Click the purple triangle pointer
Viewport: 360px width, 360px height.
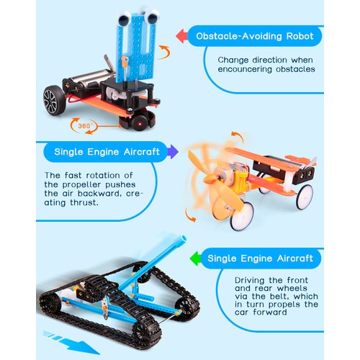tap(172, 152)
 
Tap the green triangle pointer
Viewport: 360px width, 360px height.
tap(194, 257)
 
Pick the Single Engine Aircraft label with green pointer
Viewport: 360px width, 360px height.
tap(261, 258)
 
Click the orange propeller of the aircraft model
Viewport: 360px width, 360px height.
tap(205, 180)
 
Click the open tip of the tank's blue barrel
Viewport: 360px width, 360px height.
tap(179, 238)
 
